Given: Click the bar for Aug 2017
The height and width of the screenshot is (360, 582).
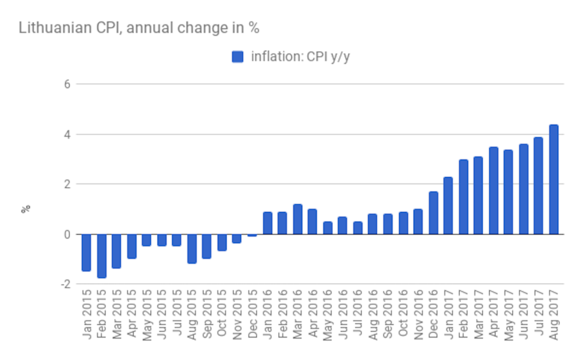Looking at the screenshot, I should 554,179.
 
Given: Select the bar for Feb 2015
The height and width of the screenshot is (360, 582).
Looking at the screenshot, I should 102,256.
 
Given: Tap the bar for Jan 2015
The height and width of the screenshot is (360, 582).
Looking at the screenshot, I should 86,252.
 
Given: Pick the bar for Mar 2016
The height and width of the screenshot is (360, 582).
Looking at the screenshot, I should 297,219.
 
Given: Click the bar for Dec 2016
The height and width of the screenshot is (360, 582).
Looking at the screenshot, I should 433,213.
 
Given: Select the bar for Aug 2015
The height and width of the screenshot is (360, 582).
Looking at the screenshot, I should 192,248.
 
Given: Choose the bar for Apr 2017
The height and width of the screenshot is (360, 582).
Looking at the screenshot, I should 493,191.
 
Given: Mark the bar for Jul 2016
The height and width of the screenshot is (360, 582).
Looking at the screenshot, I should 358,228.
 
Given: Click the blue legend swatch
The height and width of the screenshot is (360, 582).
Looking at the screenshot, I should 237,57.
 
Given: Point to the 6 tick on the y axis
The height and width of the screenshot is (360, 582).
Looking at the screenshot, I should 66,84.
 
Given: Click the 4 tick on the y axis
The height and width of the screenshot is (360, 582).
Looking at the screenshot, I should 66,134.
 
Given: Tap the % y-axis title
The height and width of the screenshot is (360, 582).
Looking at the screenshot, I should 27,209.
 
